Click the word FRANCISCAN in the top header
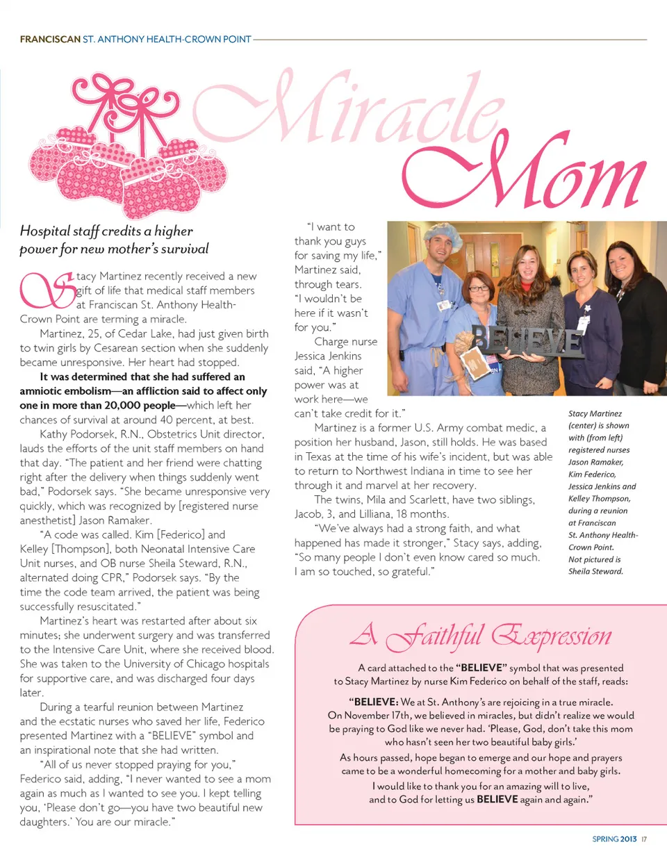click(x=50, y=40)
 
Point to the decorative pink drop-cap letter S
click(x=47, y=290)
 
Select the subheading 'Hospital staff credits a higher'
click(x=106, y=231)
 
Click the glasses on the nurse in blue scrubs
click(x=479, y=288)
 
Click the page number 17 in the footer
click(x=644, y=839)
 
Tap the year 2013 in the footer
click(x=628, y=839)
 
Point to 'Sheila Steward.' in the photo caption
click(x=595, y=572)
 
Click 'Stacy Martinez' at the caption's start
click(x=595, y=413)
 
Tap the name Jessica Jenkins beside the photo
click(x=328, y=356)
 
